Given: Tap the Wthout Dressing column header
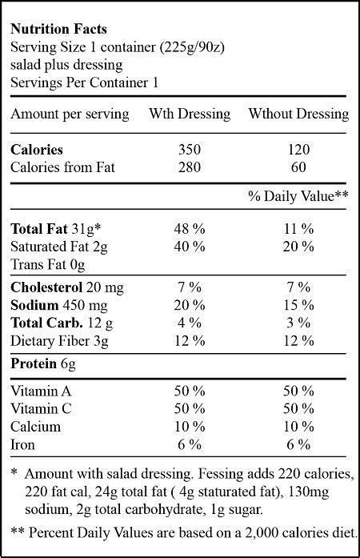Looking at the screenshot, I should pyautogui.click(x=298, y=114).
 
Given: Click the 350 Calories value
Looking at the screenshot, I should pyautogui.click(x=189, y=149).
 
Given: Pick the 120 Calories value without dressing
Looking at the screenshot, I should pyautogui.click(x=296, y=149).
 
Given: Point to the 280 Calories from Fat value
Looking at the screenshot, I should pyautogui.click(x=189, y=167).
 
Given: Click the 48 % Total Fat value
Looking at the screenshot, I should pyautogui.click(x=189, y=229).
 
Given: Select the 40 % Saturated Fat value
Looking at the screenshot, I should pyautogui.click(x=189, y=247).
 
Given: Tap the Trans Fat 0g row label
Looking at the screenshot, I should pyautogui.click(x=48, y=264).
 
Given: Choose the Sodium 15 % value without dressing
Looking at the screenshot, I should pyautogui.click(x=296, y=306).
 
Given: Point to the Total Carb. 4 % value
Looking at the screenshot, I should pyautogui.click(x=189, y=323).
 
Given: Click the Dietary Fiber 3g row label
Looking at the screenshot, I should pyautogui.click(x=61, y=341).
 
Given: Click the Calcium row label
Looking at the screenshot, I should pyautogui.click(x=35, y=426).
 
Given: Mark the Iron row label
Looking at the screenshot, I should pyautogui.click(x=24, y=444).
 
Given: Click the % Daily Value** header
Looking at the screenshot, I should pyautogui.click(x=297, y=195).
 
